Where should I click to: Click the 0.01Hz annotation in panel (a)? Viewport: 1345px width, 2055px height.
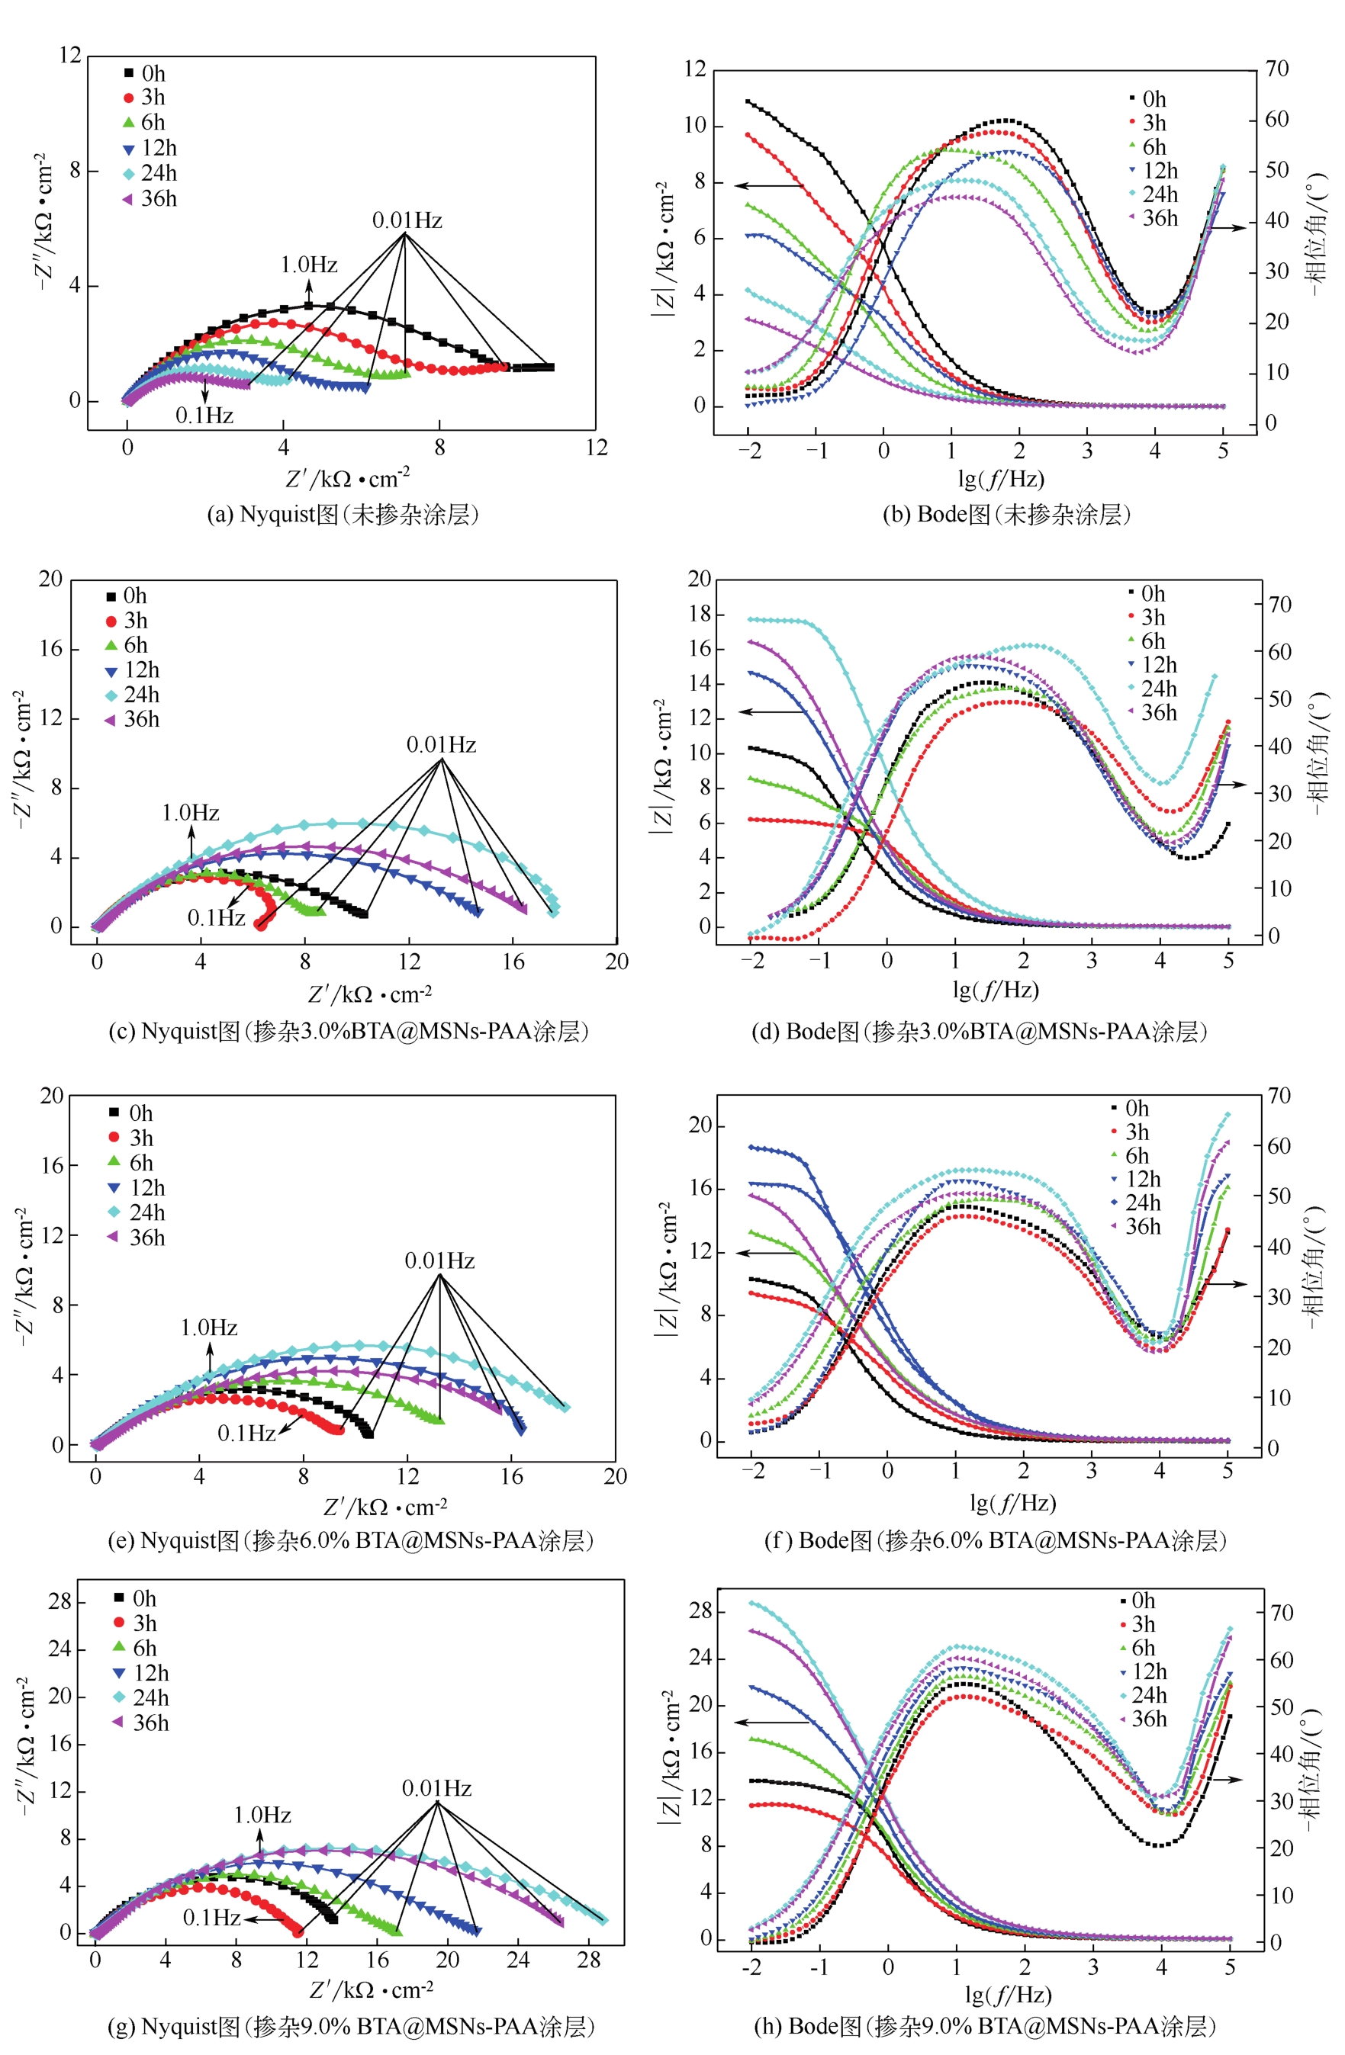point(407,221)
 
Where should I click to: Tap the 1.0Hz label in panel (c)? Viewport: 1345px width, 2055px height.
point(191,813)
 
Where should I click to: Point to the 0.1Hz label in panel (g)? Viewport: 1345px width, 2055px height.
point(211,1918)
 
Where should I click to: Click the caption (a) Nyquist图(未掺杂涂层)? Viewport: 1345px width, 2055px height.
point(343,515)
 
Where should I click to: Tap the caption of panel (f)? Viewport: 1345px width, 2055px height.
point(995,1540)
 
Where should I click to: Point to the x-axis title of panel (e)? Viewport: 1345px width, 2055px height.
point(385,1507)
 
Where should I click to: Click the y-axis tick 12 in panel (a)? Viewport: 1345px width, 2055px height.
point(70,55)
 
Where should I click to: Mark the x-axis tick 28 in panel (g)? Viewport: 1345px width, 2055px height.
point(588,1960)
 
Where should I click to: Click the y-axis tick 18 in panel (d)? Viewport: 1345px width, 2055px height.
point(699,614)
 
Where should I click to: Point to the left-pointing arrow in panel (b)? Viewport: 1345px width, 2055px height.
point(769,185)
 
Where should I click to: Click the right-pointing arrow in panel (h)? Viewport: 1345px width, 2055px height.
point(1225,1780)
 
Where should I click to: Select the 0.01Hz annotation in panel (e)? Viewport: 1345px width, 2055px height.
point(439,1260)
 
